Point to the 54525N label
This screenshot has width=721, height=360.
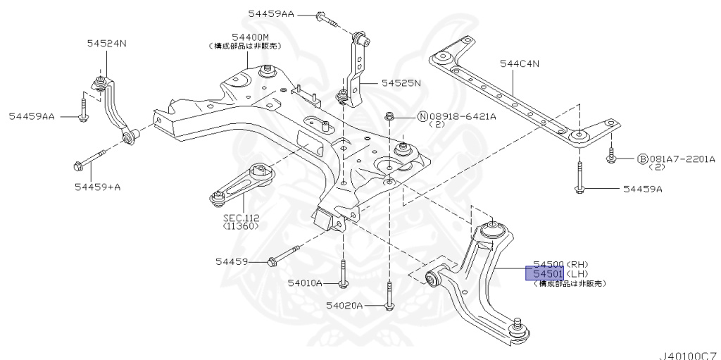click(x=401, y=82)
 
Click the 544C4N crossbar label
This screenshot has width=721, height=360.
click(x=519, y=63)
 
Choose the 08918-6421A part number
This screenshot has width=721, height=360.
click(x=463, y=116)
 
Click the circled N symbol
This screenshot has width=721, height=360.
click(x=423, y=116)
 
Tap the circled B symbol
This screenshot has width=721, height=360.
click(x=643, y=159)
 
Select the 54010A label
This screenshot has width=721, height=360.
click(x=304, y=283)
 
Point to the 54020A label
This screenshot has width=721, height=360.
click(x=344, y=305)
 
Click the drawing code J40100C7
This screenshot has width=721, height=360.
click(x=688, y=354)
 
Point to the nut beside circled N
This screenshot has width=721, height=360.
click(x=389, y=116)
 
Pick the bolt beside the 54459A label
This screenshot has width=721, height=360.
click(x=579, y=187)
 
